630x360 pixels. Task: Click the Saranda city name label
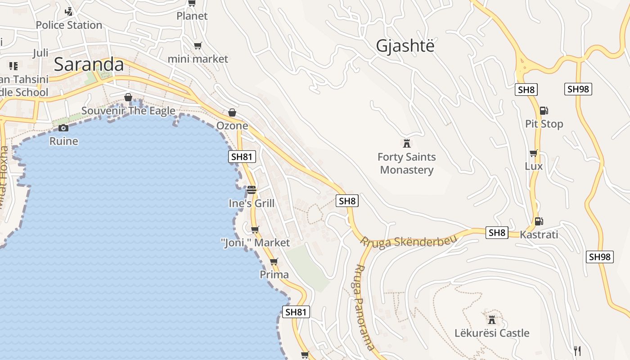pyautogui.click(x=89, y=64)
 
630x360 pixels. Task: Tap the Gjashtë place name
pyautogui.click(x=405, y=45)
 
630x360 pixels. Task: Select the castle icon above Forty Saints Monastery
pyautogui.click(x=407, y=144)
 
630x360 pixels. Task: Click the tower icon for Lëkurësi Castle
pyautogui.click(x=491, y=320)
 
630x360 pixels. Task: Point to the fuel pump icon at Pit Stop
pyautogui.click(x=544, y=110)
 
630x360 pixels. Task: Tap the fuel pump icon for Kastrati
pyautogui.click(x=538, y=221)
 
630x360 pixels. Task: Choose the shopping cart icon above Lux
pyautogui.click(x=534, y=153)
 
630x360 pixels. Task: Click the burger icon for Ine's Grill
pyautogui.click(x=251, y=190)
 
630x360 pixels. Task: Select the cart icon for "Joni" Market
pyautogui.click(x=255, y=230)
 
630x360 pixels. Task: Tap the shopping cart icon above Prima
pyautogui.click(x=274, y=261)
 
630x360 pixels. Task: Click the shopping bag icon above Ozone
pyautogui.click(x=232, y=112)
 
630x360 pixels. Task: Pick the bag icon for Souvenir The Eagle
pyautogui.click(x=128, y=97)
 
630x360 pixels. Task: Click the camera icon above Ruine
pyautogui.click(x=63, y=128)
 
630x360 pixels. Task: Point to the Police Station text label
pyautogui.click(x=69, y=25)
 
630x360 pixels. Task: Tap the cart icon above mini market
pyautogui.click(x=198, y=45)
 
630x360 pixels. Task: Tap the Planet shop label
pyautogui.click(x=192, y=16)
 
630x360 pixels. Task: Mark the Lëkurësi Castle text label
pyautogui.click(x=492, y=333)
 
